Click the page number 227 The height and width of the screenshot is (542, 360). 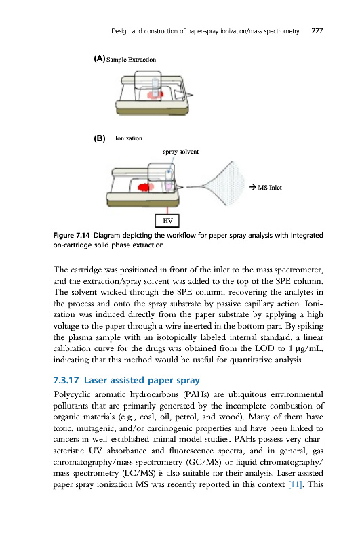[317, 30]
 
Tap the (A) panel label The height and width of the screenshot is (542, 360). [99, 59]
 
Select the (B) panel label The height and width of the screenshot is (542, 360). [99, 138]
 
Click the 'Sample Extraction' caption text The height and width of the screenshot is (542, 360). [131, 60]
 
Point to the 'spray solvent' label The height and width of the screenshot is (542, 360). [181, 152]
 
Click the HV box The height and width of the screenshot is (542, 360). [167, 221]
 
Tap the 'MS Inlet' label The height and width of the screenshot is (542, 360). [270, 188]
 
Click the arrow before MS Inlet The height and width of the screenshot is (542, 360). [252, 188]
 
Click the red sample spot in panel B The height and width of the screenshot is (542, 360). [146, 188]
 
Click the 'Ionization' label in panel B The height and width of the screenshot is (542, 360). [129, 138]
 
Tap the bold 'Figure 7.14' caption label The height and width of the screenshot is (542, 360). [71, 236]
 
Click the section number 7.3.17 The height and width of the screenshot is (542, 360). [66, 380]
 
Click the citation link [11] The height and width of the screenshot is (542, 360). [296, 484]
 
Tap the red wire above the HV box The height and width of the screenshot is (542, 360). [167, 211]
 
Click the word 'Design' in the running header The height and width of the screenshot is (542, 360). [121, 31]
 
